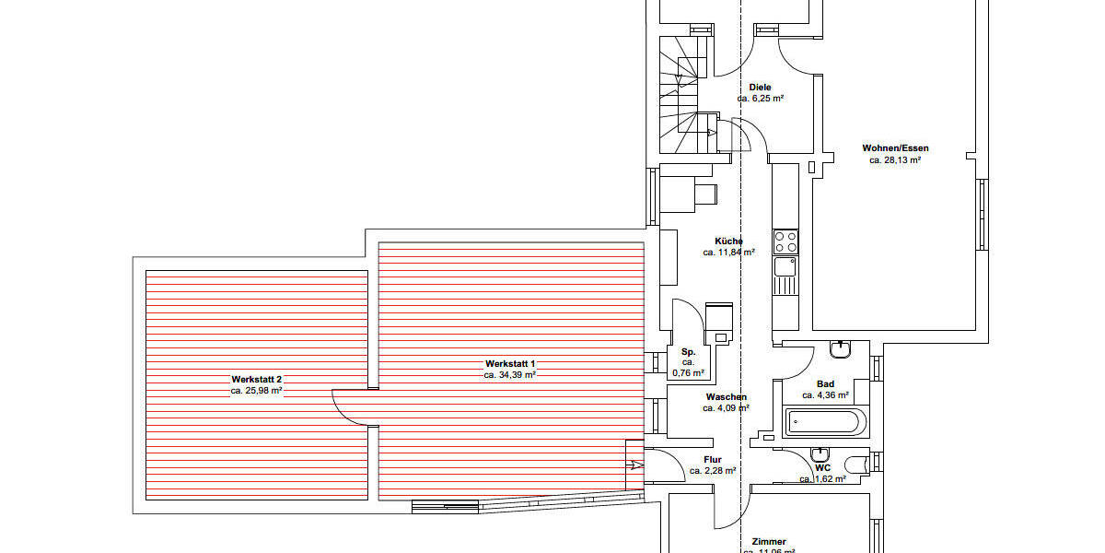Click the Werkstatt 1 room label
click(x=509, y=364)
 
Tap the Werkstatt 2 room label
click(x=256, y=379)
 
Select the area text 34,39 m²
click(x=510, y=375)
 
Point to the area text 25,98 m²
click(x=256, y=391)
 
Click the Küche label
click(x=728, y=241)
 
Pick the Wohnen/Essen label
click(x=895, y=147)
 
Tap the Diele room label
click(x=760, y=87)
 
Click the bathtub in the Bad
click(x=824, y=423)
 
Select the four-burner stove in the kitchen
click(x=785, y=241)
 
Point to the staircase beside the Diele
click(x=684, y=92)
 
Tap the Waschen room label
click(x=727, y=397)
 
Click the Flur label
click(x=713, y=459)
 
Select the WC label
click(x=823, y=467)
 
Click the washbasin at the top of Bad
click(x=841, y=349)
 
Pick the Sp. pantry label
click(x=688, y=352)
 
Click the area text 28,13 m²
click(x=895, y=159)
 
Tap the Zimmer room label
click(x=768, y=542)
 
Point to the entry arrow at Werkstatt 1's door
click(x=635, y=466)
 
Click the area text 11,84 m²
click(x=728, y=252)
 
